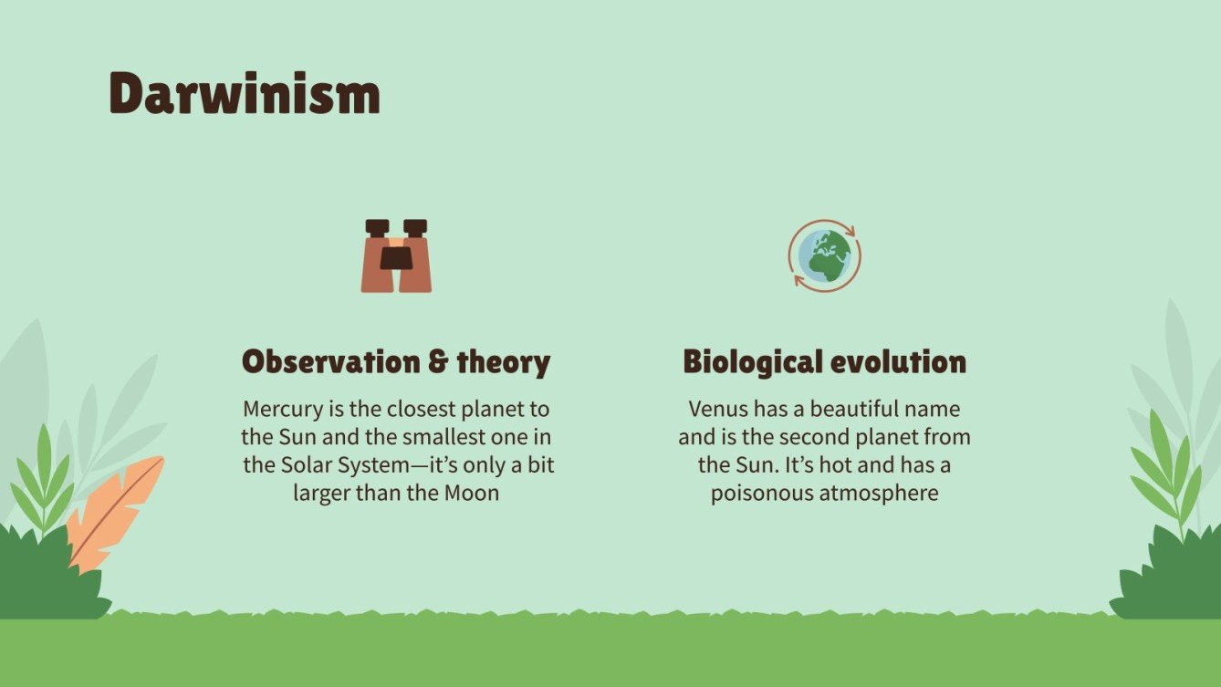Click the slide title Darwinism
click(x=244, y=93)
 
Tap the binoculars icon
click(x=396, y=256)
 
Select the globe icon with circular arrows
click(x=825, y=255)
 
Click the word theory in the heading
click(x=504, y=362)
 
